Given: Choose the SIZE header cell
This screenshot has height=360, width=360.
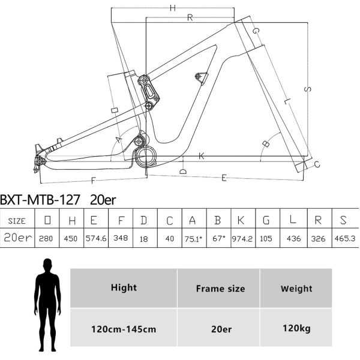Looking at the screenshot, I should tap(17, 220).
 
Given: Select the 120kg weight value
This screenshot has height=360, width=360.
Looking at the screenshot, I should tap(296, 328).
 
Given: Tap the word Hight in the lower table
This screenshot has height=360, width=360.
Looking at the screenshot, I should tap(124, 288).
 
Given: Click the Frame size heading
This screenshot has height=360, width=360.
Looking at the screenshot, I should tap(220, 289).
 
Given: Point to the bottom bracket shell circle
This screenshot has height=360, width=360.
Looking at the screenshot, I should tap(147, 158).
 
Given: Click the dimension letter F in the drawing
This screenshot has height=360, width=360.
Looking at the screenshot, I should tap(94, 179).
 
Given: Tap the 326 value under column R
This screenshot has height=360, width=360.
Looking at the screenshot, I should tap(319, 239).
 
